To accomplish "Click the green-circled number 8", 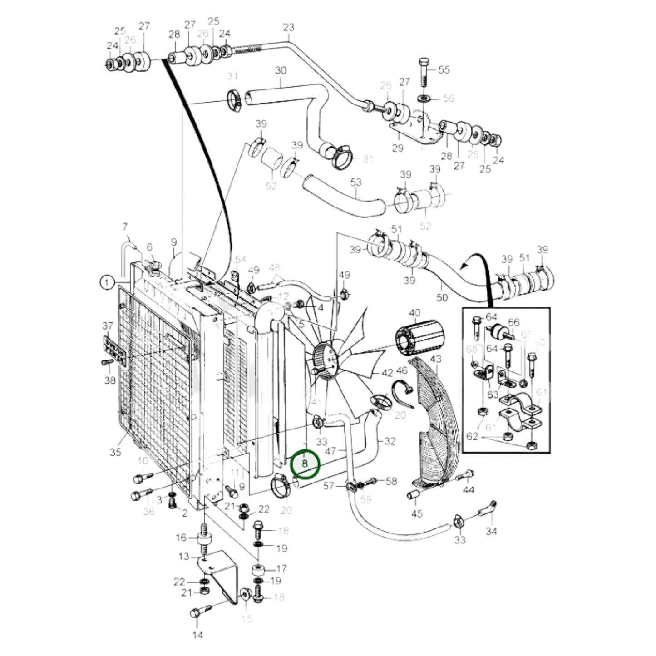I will click(305, 464).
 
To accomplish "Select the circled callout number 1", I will click(107, 283).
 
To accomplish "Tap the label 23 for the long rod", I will click(288, 27).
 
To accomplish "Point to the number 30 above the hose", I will click(281, 70).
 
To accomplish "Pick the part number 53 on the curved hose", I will click(356, 182).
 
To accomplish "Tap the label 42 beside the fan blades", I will click(387, 373).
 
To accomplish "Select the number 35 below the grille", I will click(116, 452).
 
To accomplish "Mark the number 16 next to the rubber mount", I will click(181, 538).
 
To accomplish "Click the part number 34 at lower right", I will click(491, 531).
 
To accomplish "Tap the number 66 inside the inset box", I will click(513, 322).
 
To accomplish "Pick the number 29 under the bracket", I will click(398, 148).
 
